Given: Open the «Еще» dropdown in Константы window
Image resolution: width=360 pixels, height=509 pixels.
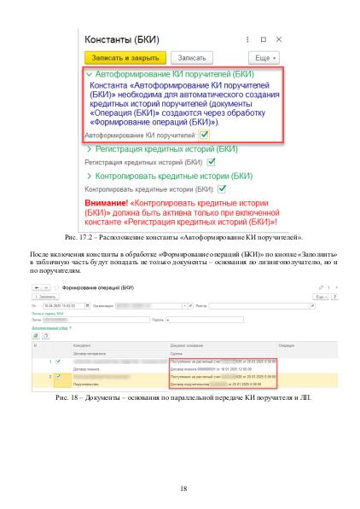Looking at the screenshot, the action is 262,57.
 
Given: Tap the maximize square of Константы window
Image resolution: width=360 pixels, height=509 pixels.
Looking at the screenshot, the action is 262,38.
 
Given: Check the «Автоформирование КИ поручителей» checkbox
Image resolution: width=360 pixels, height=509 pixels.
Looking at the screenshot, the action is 205,135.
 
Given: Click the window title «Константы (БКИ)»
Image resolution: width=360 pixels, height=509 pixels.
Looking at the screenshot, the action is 125,39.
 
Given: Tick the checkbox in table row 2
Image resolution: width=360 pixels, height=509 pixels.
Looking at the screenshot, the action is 58,375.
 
